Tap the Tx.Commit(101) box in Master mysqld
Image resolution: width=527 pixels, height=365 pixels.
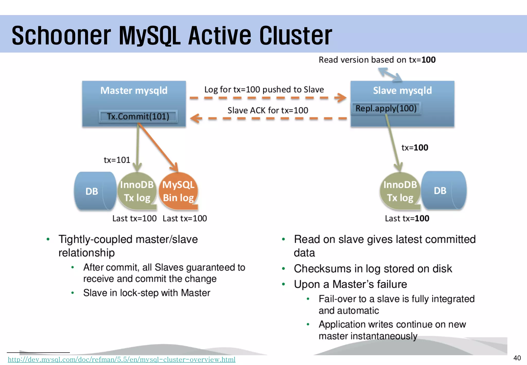tap(138, 116)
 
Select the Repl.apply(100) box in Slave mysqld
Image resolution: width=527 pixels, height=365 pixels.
tap(386, 108)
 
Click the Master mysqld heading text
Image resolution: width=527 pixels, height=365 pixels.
tap(134, 90)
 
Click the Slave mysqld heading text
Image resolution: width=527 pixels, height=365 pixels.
tap(402, 90)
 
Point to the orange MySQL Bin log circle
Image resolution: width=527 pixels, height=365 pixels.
tap(178, 191)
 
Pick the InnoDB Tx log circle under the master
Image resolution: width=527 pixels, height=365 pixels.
tap(137, 191)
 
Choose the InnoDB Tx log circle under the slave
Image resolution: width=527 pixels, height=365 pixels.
tap(400, 191)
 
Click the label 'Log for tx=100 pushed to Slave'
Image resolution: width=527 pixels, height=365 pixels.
tap(264, 89)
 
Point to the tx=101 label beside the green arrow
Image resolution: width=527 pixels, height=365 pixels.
tap(117, 160)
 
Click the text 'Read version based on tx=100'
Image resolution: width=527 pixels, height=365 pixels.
tap(377, 60)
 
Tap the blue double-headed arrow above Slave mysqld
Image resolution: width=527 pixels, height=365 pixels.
tap(390, 74)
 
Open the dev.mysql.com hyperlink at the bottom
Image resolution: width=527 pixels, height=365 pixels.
tap(121, 359)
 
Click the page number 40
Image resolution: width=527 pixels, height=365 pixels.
tap(517, 358)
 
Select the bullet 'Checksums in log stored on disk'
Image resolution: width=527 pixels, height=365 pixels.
tap(373, 268)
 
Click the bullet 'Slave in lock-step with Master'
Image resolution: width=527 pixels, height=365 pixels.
tap(147, 293)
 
